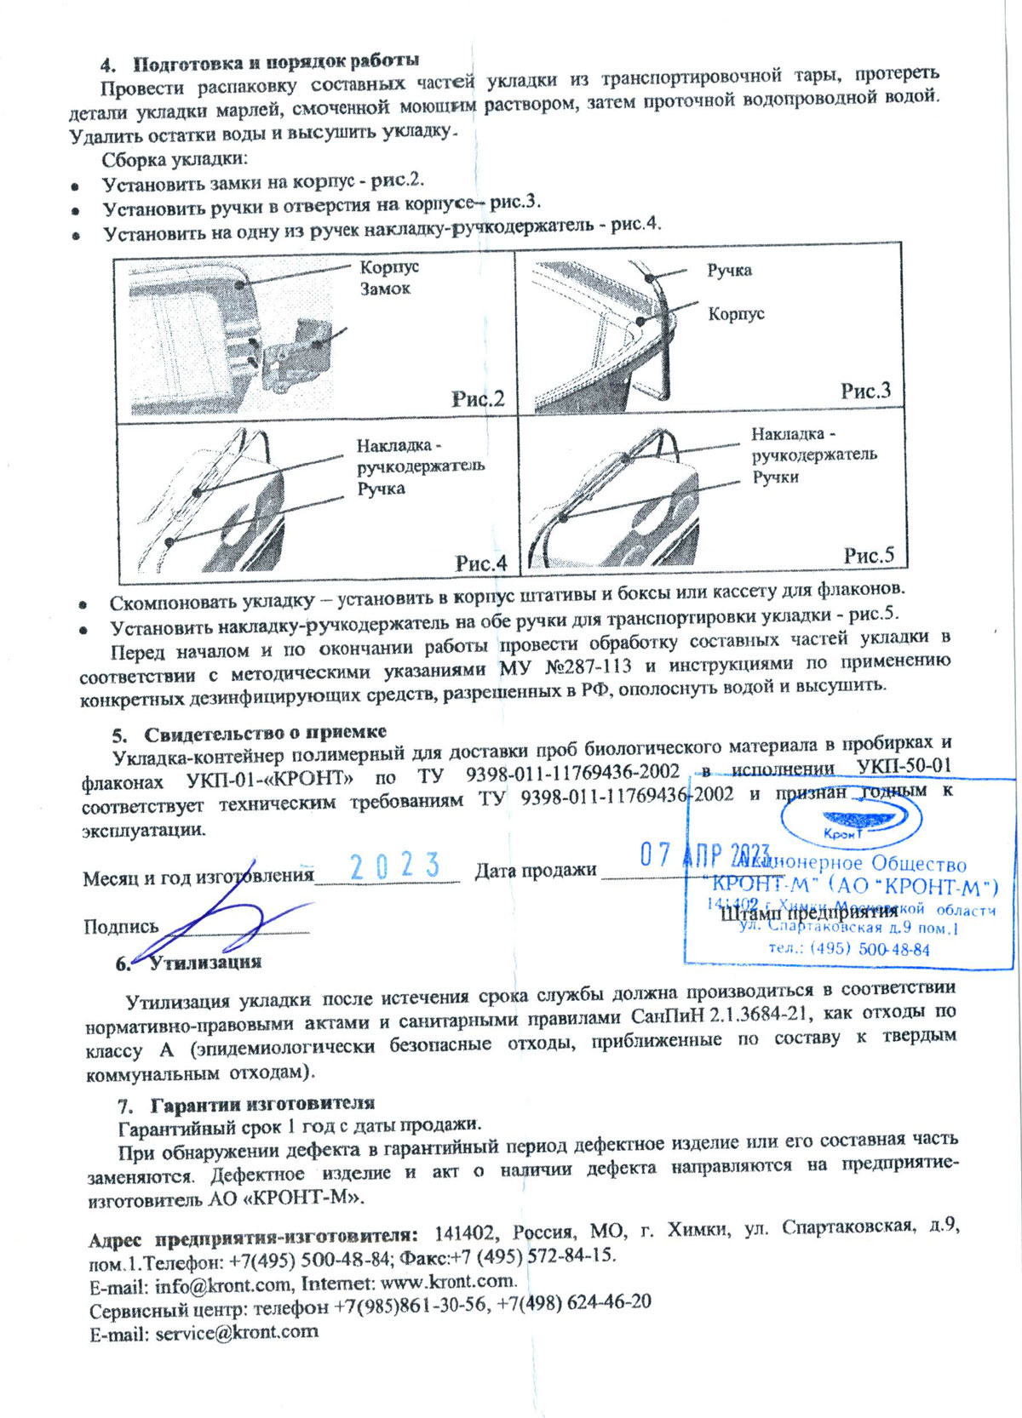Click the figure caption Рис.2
478,398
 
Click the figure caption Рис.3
865,391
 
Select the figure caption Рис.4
480,563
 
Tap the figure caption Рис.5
869,555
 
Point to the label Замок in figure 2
385,289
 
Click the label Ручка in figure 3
729,271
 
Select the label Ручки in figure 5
775,477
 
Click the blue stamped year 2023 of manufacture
395,866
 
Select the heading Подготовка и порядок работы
276,62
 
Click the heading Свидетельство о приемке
265,733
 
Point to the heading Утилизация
205,963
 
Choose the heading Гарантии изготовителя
262,1105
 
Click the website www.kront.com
448,1282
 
